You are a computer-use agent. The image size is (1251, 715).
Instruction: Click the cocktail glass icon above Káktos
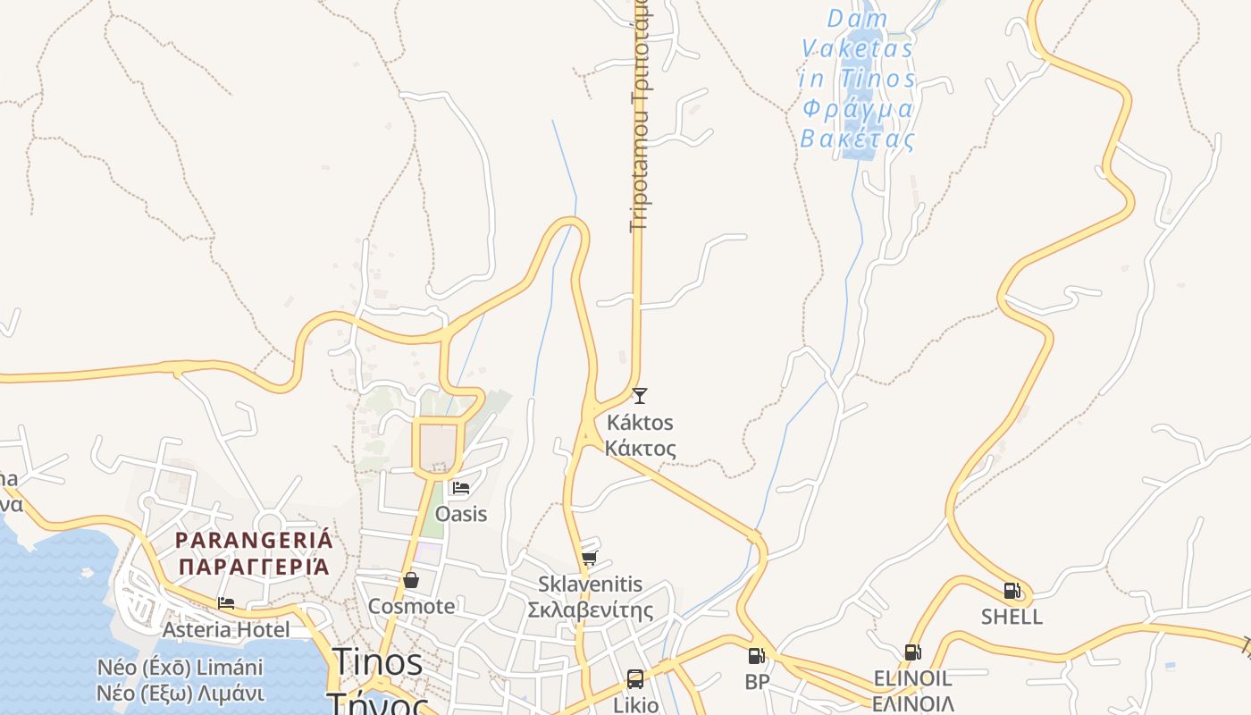639,395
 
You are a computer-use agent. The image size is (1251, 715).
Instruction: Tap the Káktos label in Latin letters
639,422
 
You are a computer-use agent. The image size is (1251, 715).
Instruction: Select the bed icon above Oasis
461,488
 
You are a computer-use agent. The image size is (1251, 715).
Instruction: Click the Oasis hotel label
461,514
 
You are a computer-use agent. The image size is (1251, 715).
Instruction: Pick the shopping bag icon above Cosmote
411,580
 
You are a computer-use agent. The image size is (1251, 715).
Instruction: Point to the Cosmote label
411,606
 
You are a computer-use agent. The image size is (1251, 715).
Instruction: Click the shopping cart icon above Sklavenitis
589,559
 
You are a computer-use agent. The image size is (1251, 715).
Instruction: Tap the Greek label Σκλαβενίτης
590,611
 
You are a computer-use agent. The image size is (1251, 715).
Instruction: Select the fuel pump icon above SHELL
1012,591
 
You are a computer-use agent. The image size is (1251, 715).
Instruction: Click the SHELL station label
1012,617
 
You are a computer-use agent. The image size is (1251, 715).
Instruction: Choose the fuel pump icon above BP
756,656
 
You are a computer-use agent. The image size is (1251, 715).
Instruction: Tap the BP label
757,682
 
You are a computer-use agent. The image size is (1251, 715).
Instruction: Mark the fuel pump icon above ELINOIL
912,652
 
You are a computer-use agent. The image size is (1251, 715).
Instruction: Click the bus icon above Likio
635,679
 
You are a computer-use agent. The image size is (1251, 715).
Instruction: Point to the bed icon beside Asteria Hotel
226,604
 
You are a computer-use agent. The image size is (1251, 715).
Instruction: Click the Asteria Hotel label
226,630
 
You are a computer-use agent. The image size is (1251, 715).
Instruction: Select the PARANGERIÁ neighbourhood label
254,540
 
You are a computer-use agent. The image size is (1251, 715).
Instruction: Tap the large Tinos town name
378,662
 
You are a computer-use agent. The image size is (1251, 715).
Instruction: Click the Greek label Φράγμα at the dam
858,110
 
